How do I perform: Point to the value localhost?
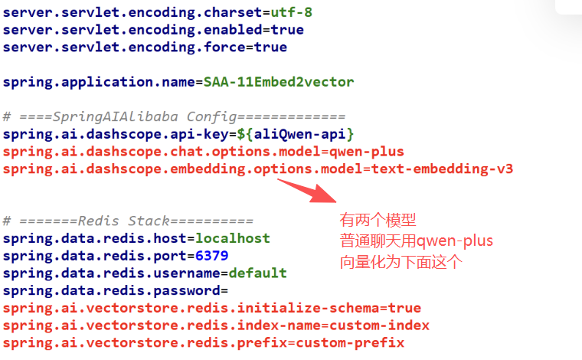pos(232,238)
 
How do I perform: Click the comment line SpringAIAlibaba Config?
pos(174,116)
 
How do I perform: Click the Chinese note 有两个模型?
pos(378,221)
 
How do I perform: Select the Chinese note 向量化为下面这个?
pos(401,262)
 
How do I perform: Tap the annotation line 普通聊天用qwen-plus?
pos(417,241)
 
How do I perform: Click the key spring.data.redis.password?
pos(110,290)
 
